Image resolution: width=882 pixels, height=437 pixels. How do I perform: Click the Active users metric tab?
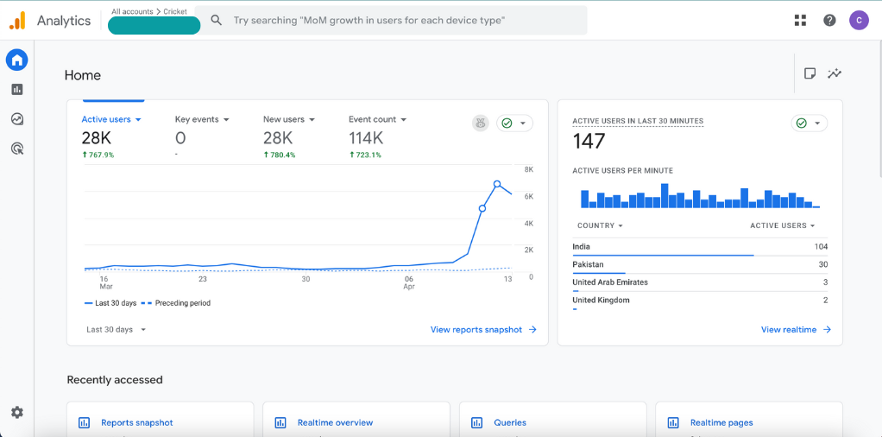coord(110,119)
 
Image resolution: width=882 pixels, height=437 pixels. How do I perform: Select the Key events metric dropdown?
coord(202,119)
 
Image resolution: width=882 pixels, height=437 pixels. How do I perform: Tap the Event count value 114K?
coord(366,138)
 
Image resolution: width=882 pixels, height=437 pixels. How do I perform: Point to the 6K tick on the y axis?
coord(529,197)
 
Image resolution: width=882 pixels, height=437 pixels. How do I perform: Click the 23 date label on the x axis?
coord(203,279)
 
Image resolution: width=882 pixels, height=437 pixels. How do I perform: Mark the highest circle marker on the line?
coord(497,184)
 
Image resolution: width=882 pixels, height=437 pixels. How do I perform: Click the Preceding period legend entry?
coord(175,303)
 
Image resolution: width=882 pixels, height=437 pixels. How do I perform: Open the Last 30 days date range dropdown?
coord(116,329)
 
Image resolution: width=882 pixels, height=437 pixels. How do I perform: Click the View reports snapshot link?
coord(483,329)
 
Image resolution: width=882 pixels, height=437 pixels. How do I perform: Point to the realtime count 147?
coord(589,141)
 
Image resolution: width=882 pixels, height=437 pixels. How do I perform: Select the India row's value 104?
coord(821,247)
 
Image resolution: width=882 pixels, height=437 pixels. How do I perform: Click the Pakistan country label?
coord(588,264)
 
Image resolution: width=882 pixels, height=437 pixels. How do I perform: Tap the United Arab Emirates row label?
coord(610,282)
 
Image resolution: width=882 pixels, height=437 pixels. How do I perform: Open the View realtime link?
coord(796,329)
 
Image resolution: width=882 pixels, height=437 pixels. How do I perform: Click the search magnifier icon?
coord(217,20)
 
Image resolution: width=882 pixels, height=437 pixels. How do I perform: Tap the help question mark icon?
coord(829,20)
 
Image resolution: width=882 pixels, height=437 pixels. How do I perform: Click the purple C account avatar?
coord(859,20)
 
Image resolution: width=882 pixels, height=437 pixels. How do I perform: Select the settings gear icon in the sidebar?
coord(17,412)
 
